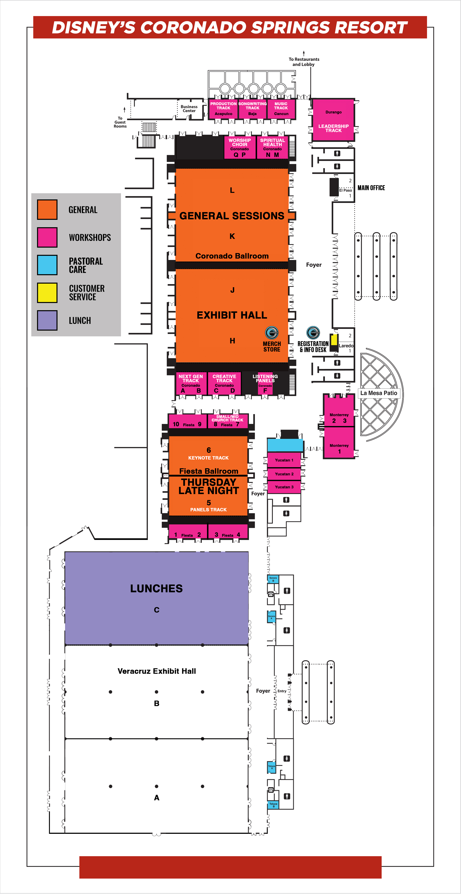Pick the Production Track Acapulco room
(223, 109)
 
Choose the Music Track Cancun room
(281, 109)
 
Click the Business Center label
(189, 109)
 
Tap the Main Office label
(371, 188)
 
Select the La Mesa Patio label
(379, 393)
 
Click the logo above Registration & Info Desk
(313, 333)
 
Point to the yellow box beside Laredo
(334, 339)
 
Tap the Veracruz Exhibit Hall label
(157, 671)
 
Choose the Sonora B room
(273, 579)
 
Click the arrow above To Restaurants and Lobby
(304, 53)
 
